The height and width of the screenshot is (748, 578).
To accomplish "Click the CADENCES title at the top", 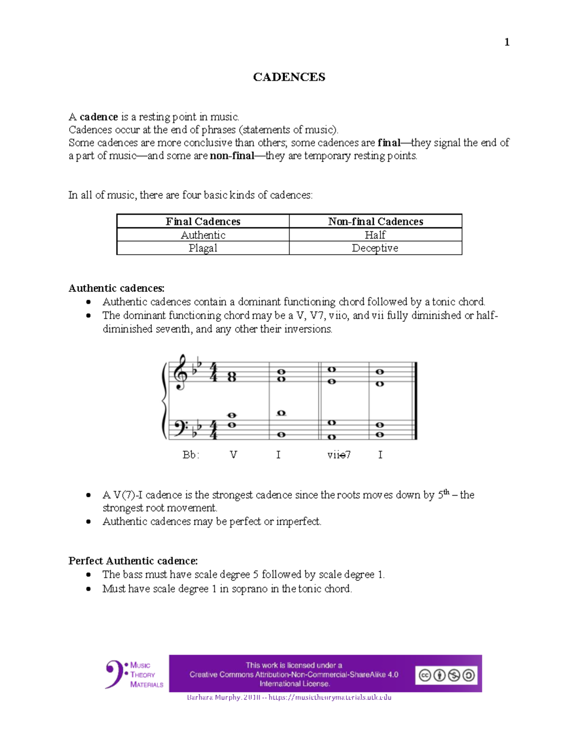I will (x=289, y=77).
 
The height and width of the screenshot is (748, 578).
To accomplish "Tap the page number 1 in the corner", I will (x=507, y=42).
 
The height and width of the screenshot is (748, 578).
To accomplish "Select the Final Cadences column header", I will (x=203, y=222).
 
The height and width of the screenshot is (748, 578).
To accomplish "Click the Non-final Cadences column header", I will (x=375, y=222).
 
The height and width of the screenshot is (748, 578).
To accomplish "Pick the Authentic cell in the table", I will (x=203, y=235).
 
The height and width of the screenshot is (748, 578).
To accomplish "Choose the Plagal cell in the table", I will (x=203, y=248).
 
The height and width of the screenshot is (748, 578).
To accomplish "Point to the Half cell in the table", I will (x=375, y=235).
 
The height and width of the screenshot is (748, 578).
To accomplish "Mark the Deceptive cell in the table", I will (x=375, y=248).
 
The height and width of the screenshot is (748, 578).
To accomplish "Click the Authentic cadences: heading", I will (x=117, y=288).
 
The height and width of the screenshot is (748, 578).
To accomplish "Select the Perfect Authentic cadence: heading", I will (x=133, y=561).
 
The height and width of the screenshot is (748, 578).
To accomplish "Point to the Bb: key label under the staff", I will (x=191, y=455).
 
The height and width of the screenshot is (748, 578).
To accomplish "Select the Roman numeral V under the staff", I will (x=233, y=455).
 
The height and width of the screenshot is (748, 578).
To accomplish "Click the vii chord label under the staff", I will (x=339, y=455).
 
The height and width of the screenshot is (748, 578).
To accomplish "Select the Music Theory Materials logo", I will (x=134, y=674).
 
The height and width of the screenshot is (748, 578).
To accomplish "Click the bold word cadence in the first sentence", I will (x=99, y=117).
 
